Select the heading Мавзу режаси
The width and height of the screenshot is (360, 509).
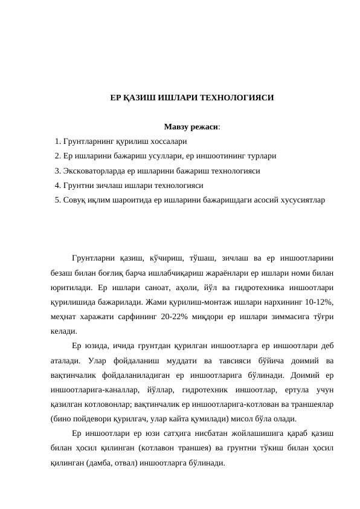pos(190,128)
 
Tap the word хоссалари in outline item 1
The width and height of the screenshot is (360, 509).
pos(166,141)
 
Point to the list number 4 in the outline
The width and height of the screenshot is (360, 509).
pos(56,186)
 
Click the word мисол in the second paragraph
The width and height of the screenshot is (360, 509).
pos(254,418)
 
